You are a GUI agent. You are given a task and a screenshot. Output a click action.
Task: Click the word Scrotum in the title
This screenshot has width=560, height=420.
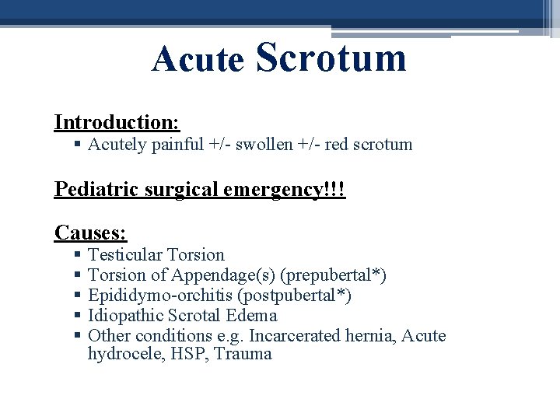click(x=331, y=58)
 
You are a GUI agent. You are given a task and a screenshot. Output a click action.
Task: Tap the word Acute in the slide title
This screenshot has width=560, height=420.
click(x=198, y=60)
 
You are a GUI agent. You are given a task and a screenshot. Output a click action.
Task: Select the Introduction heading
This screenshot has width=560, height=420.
click(x=117, y=123)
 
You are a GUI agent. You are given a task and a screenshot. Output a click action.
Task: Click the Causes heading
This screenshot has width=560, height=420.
click(x=91, y=233)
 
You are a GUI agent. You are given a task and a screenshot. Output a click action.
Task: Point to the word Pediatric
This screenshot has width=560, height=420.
click(x=90, y=190)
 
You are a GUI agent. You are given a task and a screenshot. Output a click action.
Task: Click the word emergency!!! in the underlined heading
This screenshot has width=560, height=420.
click(x=293, y=190)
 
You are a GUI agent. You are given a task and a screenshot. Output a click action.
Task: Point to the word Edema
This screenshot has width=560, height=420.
click(x=251, y=316)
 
